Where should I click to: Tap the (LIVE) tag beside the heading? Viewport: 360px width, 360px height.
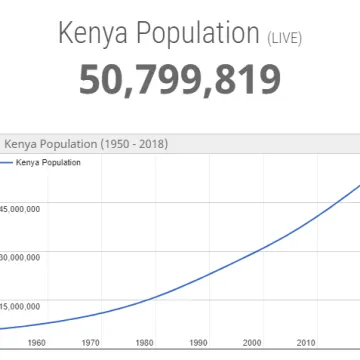tap(285, 39)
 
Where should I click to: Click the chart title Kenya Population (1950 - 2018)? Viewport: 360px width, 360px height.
tap(86, 144)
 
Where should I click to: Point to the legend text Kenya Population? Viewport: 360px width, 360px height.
tap(49, 161)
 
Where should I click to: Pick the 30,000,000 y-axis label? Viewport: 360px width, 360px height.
tap(20, 257)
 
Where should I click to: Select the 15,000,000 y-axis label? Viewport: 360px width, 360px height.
tap(20, 305)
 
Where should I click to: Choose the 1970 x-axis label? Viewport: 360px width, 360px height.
tap(90, 343)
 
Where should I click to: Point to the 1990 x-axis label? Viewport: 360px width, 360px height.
tap(198, 343)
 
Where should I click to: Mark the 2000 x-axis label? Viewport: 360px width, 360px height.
tap(252, 343)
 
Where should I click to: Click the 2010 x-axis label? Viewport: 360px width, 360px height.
tap(306, 343)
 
